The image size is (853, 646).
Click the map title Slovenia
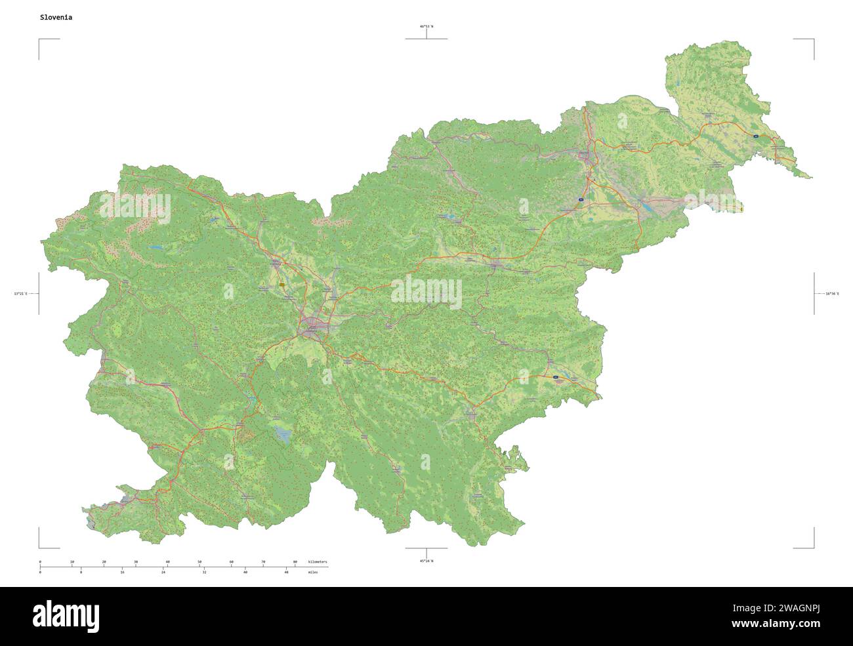56,18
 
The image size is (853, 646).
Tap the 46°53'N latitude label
427,27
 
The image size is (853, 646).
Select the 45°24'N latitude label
427,561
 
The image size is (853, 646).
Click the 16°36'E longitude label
831,294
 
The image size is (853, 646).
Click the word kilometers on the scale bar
318,562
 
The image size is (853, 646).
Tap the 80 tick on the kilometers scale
295,562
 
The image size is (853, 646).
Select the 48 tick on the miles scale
286,573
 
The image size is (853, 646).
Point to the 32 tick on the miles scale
204,573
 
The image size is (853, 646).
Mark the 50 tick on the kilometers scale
199,562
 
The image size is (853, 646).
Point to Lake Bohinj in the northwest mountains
156,248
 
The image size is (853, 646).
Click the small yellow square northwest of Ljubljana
281,285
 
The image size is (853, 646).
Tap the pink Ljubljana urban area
314,327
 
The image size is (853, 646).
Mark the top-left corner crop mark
39,39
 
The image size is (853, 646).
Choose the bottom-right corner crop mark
814,548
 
